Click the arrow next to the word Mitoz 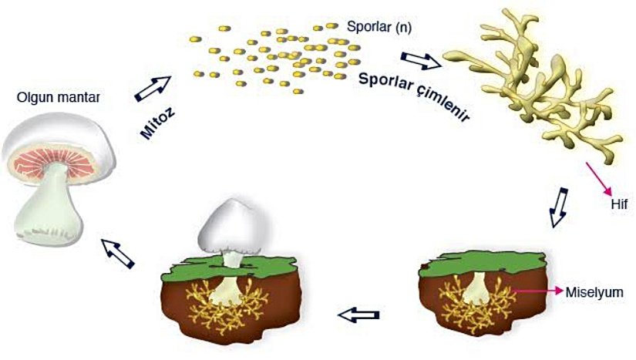click(x=153, y=88)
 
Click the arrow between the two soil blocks click(x=360, y=315)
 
